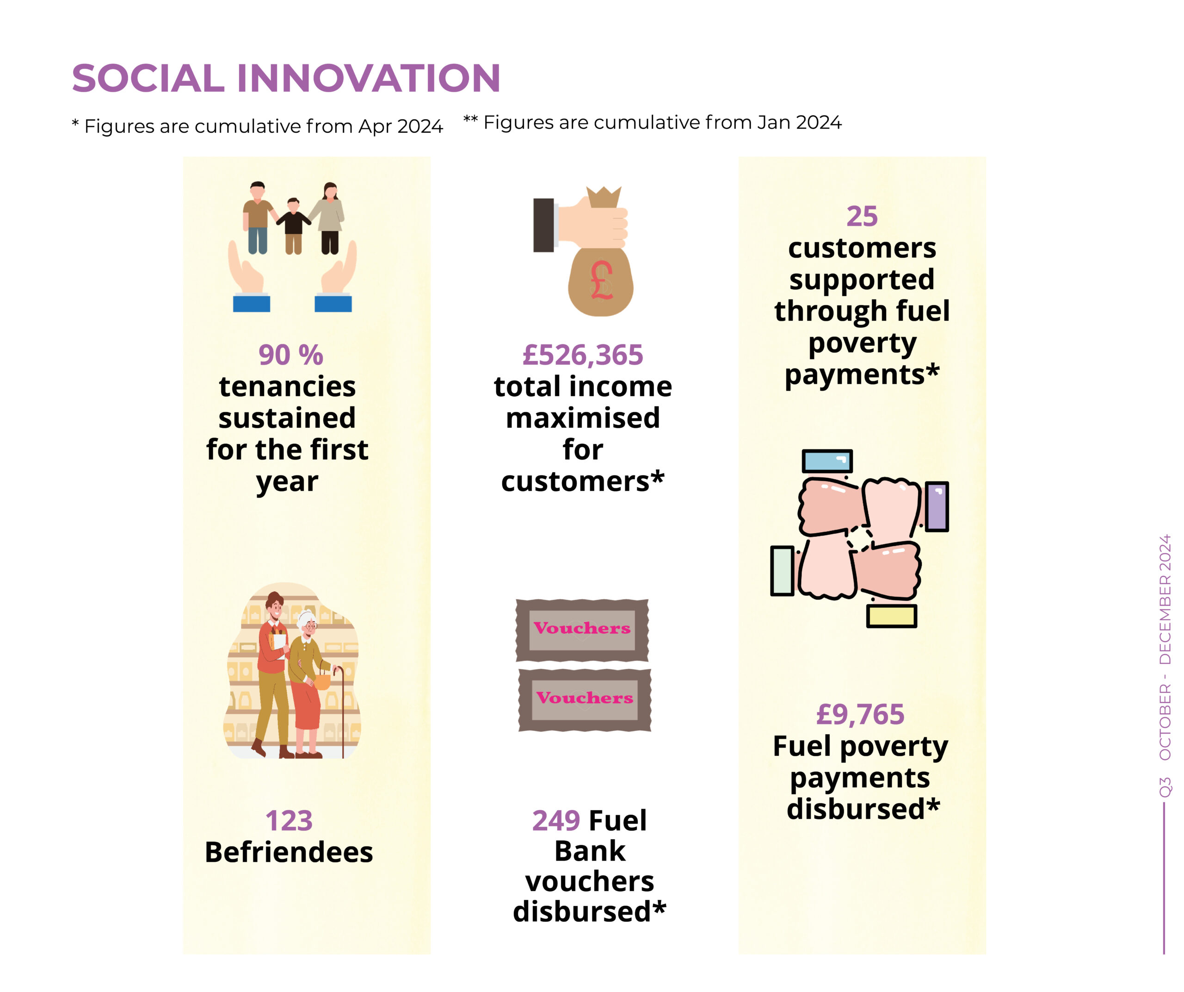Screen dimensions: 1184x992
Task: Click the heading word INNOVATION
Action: [368, 78]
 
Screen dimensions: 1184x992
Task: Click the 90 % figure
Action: [291, 355]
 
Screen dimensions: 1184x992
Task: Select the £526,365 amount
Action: [583, 355]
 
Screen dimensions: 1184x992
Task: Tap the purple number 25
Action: [862, 216]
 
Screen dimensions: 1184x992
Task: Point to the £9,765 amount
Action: [860, 714]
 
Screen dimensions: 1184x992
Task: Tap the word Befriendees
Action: [289, 852]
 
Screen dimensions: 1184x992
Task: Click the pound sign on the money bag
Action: [602, 280]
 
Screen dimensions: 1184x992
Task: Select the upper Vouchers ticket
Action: [582, 630]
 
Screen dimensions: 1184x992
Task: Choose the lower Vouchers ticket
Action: [585, 700]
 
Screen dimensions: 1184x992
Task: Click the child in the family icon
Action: [293, 226]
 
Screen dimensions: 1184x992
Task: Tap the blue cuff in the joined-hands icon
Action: [827, 461]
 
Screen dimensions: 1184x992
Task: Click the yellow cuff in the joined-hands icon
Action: [891, 616]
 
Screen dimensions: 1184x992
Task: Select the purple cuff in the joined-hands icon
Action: [937, 506]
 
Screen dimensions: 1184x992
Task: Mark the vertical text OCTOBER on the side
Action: [1165, 722]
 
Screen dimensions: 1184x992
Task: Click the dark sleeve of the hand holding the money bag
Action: [543, 225]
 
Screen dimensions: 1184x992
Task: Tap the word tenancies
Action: [288, 387]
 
